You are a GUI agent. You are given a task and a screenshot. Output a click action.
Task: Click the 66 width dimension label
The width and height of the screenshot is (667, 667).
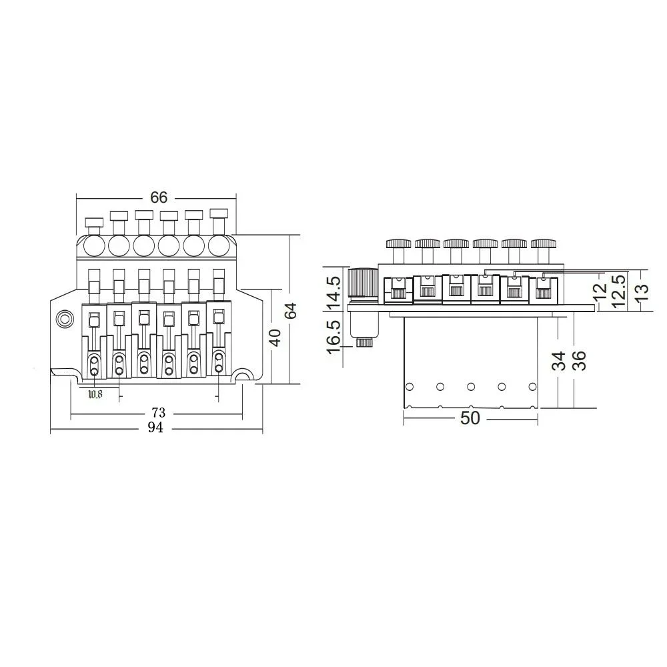pyautogui.click(x=159, y=197)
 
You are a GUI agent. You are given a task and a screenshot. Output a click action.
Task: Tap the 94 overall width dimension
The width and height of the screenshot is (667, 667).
pyautogui.click(x=155, y=428)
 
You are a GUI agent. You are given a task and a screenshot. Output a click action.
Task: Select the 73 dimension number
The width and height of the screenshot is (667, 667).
pyautogui.click(x=158, y=413)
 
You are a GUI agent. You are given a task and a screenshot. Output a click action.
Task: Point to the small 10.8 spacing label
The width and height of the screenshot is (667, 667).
pyautogui.click(x=95, y=394)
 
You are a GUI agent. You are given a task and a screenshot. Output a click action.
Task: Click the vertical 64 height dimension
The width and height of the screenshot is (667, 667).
pyautogui.click(x=291, y=311)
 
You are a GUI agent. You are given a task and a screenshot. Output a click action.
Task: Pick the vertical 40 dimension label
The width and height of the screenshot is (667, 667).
pyautogui.click(x=275, y=337)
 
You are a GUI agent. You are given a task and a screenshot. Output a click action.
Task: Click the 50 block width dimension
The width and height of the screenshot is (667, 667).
pyautogui.click(x=470, y=418)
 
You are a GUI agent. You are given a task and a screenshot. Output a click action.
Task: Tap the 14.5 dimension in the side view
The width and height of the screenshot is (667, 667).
pyautogui.click(x=334, y=294)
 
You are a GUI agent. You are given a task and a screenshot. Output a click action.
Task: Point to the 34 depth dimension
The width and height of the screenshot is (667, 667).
pyautogui.click(x=560, y=361)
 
